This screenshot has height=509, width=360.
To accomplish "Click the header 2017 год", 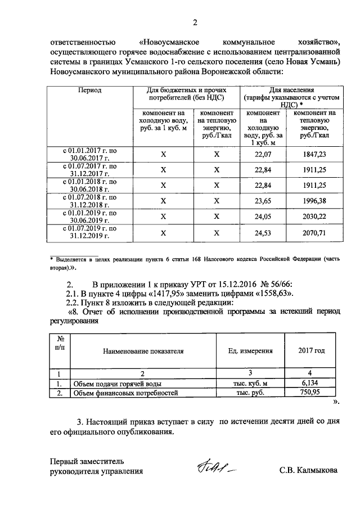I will click(311, 351).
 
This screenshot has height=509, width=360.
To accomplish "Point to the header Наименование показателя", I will click(143, 351).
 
